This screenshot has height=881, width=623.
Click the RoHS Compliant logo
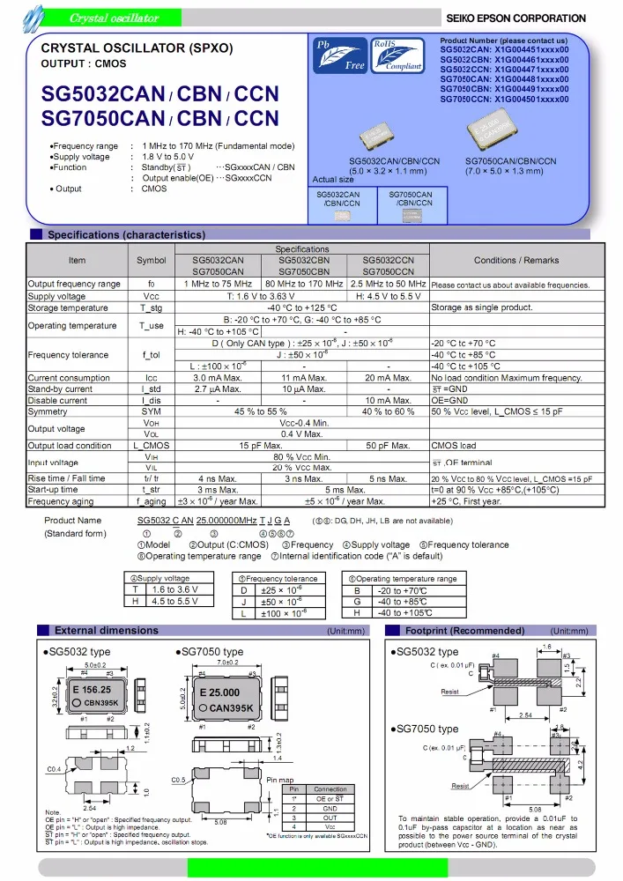coord(397,55)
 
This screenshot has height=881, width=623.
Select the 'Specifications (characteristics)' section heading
coord(126,235)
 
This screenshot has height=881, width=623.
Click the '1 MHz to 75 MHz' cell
coord(218,285)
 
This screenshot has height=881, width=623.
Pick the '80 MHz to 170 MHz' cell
coord(303,285)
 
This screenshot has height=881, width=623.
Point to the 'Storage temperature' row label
coord(69,308)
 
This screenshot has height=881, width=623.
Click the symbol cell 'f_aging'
coord(151,501)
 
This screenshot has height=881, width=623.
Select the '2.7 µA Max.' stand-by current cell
coord(218,389)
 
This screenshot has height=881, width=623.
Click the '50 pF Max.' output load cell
coord(388,446)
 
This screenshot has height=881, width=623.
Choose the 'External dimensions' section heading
coord(107,631)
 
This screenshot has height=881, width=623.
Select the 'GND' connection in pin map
coord(330,808)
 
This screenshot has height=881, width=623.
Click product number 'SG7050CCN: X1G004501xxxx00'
coord(504,100)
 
